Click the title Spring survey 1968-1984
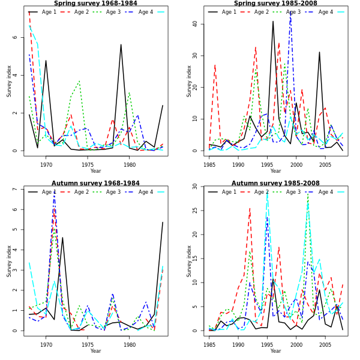tap(95, 4)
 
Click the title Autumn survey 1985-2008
tap(275, 184)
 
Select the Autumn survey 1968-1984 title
tap(95, 184)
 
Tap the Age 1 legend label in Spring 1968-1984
tap(49, 12)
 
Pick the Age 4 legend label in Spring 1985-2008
tap(326, 12)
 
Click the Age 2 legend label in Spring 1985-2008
tap(261, 12)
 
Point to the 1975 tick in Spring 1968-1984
tap(88, 164)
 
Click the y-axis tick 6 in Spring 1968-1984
tap(15, 37)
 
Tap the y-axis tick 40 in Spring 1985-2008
tap(195, 24)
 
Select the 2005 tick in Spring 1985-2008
tap(325, 164)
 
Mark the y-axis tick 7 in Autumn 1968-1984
tap(15, 189)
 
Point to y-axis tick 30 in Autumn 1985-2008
tap(195, 187)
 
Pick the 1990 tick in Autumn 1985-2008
tap(238, 344)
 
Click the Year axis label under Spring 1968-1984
tap(95, 171)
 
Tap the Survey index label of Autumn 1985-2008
tap(189, 260)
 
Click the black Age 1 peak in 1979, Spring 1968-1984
tap(121, 44)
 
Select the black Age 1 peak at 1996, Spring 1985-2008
tap(273, 22)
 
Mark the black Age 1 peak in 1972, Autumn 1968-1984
tap(62, 238)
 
